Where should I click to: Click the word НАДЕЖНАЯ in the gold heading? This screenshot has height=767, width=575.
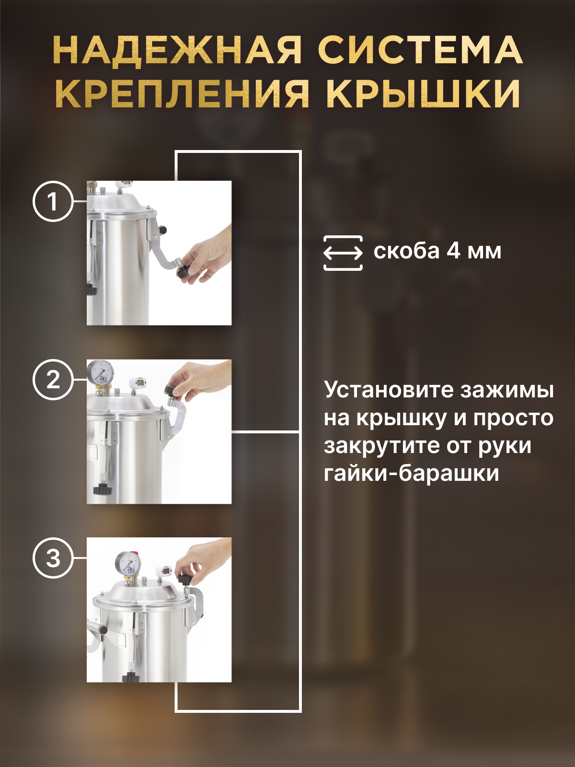(177, 50)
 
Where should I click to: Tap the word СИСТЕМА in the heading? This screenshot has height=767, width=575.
(420, 50)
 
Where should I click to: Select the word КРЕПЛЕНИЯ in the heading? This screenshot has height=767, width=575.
(182, 92)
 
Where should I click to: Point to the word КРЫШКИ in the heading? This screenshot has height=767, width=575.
(423, 92)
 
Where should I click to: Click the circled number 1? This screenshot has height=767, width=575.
(53, 201)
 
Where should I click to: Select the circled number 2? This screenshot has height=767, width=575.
(53, 380)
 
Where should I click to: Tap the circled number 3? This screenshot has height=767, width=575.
(53, 558)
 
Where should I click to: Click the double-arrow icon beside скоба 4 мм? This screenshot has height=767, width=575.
(343, 253)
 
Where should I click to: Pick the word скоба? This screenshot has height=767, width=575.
(406, 251)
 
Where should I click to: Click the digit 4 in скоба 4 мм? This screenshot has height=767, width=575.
(453, 251)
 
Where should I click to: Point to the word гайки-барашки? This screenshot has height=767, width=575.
(412, 474)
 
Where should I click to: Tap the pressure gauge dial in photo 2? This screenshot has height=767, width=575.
(100, 372)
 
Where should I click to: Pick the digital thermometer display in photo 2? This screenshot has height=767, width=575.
(139, 383)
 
